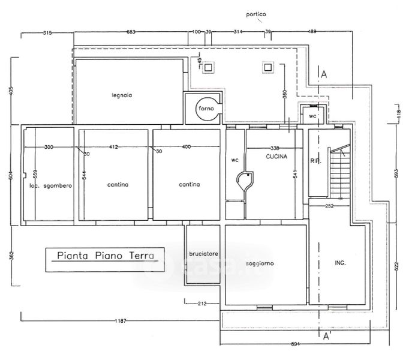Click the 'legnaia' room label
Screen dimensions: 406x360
point(121,95)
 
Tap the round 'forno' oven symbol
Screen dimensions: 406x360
point(206,109)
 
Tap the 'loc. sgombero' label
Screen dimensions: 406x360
point(50,186)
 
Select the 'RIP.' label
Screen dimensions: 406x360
point(315,160)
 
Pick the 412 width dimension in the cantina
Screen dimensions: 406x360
point(114,147)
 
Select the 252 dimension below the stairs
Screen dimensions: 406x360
point(329,206)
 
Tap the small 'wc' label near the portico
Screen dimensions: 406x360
point(312,116)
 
